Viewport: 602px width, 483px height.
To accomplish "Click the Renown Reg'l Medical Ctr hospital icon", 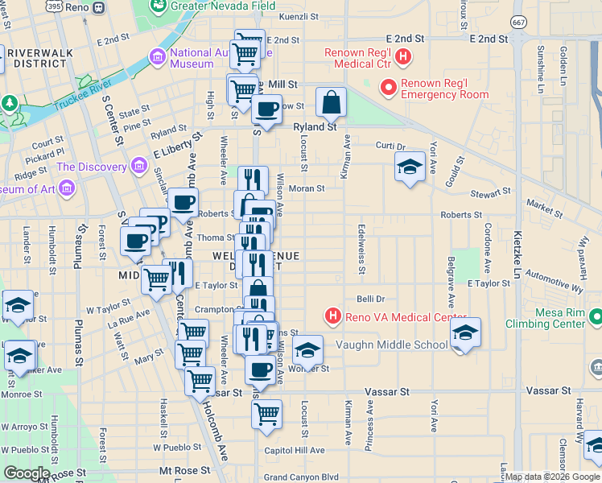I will pos(404,57).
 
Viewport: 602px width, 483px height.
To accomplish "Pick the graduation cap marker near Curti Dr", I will pos(410,167).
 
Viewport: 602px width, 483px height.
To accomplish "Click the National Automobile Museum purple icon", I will pos(156,58).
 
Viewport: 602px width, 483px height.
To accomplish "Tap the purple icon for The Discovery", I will pos(138,167).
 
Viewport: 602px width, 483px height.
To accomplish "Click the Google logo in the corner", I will pos(27,473).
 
